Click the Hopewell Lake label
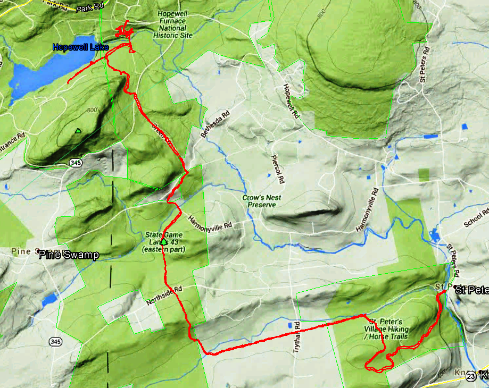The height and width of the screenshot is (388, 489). (80, 47)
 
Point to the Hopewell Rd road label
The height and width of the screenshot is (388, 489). (292, 101)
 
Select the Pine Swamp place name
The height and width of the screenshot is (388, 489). (69, 255)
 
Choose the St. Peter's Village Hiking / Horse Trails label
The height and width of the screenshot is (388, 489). (386, 329)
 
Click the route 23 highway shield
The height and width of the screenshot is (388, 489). (470, 376)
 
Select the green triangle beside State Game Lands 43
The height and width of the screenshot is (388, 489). (164, 242)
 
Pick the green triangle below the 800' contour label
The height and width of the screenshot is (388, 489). (78, 131)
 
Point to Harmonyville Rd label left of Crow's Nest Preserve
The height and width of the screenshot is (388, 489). (210, 223)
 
